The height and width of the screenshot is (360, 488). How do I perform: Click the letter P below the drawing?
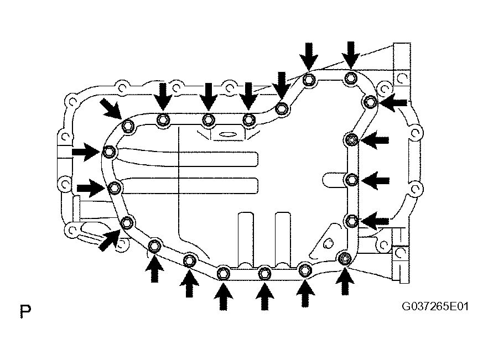tap(25, 311)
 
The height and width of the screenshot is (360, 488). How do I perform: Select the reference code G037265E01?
tap(435, 306)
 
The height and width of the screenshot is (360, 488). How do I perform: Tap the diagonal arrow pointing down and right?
tap(111, 109)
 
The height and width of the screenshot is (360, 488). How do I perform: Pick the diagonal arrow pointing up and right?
tap(109, 239)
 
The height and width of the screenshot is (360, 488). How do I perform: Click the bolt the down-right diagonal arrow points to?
tap(128, 126)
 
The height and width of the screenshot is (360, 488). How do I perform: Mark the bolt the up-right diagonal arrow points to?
tap(127, 222)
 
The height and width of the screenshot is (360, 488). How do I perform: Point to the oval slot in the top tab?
tap(228, 134)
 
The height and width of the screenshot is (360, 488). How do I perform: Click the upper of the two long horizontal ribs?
tap(187, 157)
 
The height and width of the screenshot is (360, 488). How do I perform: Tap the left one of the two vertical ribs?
tap(246, 239)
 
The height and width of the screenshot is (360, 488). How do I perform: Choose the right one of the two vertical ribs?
tap(283, 239)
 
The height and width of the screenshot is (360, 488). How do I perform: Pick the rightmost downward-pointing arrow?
tap(351, 55)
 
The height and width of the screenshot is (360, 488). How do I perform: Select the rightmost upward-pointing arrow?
tap(345, 281)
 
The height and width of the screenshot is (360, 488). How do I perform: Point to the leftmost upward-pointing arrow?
tap(154, 269)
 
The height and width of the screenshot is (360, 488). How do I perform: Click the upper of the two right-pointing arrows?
tap(86, 152)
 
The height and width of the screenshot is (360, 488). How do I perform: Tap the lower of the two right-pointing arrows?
tap(91, 188)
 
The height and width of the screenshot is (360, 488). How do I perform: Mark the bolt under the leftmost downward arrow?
tap(163, 119)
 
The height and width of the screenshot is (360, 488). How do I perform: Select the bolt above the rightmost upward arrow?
tap(344, 258)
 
